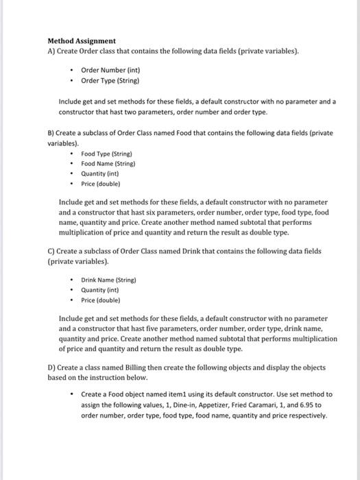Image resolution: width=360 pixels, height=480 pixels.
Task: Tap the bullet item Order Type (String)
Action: click(x=110, y=80)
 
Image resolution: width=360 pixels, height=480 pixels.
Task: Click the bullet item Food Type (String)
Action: click(x=106, y=154)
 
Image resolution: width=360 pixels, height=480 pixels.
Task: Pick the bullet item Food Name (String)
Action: click(x=108, y=164)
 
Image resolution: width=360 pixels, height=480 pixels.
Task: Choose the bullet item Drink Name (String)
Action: click(x=108, y=280)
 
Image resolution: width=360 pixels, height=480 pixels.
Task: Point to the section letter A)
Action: click(x=51, y=51)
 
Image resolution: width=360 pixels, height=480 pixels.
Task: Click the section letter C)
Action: click(x=51, y=252)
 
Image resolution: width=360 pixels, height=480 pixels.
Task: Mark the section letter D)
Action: click(x=51, y=368)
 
